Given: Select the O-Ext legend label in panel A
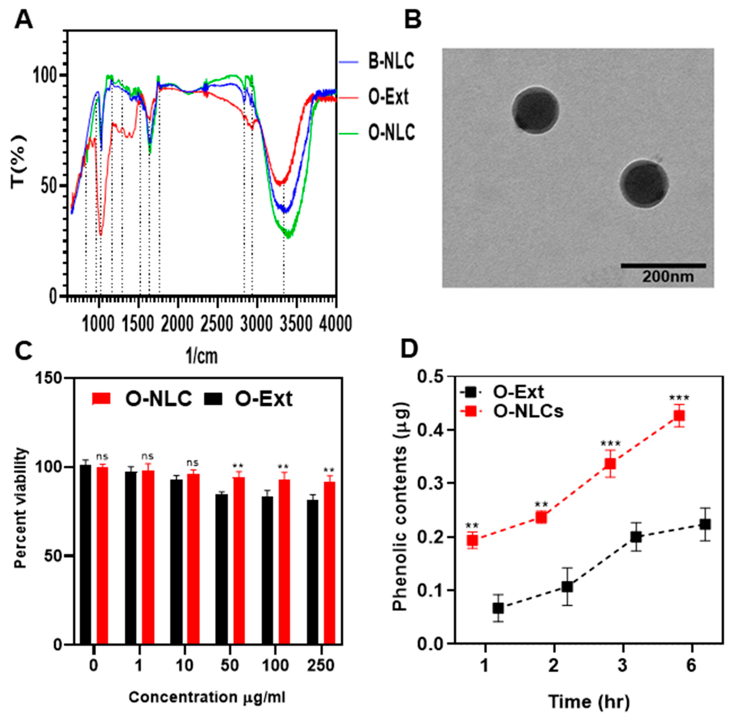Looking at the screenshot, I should point(388,97).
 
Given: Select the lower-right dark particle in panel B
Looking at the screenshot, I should point(644,183).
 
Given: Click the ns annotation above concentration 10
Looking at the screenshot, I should point(193,463).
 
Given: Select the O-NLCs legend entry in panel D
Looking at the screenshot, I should point(528,411).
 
